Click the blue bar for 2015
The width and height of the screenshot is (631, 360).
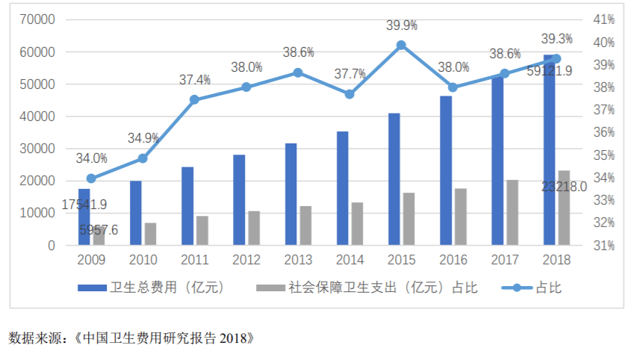(x=394, y=179)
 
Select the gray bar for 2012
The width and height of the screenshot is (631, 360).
(x=254, y=228)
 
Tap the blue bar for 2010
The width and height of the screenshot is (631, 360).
(x=136, y=213)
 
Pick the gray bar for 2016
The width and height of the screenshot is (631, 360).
(x=461, y=217)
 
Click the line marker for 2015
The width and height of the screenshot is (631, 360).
(x=401, y=46)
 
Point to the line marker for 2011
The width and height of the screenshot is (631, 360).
(x=194, y=99)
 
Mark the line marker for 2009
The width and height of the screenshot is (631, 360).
(x=91, y=179)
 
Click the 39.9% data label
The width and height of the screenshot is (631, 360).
(x=401, y=25)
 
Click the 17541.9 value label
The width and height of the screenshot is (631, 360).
(x=84, y=204)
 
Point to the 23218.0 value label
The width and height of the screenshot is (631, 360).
(x=565, y=186)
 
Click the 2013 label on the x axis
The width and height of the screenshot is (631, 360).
(x=298, y=261)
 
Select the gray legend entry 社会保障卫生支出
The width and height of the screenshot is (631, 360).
(x=366, y=288)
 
